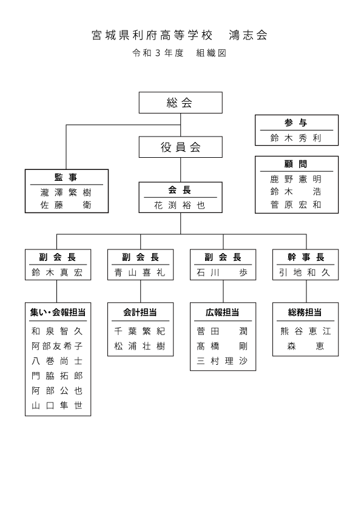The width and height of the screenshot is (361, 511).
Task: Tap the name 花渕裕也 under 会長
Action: click(180, 205)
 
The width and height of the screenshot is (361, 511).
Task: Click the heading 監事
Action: click(66, 177)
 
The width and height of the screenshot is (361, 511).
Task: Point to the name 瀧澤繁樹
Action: click(66, 192)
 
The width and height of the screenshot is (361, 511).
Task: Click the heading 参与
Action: click(296, 123)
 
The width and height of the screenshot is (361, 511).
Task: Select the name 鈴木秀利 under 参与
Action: click(296, 138)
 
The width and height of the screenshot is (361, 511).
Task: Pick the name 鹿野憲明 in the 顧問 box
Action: click(296, 179)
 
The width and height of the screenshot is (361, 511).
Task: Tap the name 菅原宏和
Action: click(296, 205)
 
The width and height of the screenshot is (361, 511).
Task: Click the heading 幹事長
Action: click(306, 257)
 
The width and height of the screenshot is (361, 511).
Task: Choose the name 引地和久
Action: click(305, 272)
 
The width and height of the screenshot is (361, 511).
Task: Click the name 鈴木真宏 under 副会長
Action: click(58, 272)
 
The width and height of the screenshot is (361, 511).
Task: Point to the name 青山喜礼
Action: click(140, 272)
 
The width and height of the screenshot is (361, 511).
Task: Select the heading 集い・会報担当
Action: click(58, 312)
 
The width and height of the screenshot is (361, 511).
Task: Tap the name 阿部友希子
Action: click(58, 346)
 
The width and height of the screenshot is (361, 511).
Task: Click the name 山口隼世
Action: click(58, 405)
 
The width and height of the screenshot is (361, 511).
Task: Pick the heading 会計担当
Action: click(140, 312)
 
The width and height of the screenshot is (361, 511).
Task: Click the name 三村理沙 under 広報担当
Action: click(223, 360)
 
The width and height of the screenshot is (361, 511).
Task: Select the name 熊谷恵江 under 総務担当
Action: click(306, 331)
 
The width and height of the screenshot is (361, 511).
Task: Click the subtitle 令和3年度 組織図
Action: click(180, 53)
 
